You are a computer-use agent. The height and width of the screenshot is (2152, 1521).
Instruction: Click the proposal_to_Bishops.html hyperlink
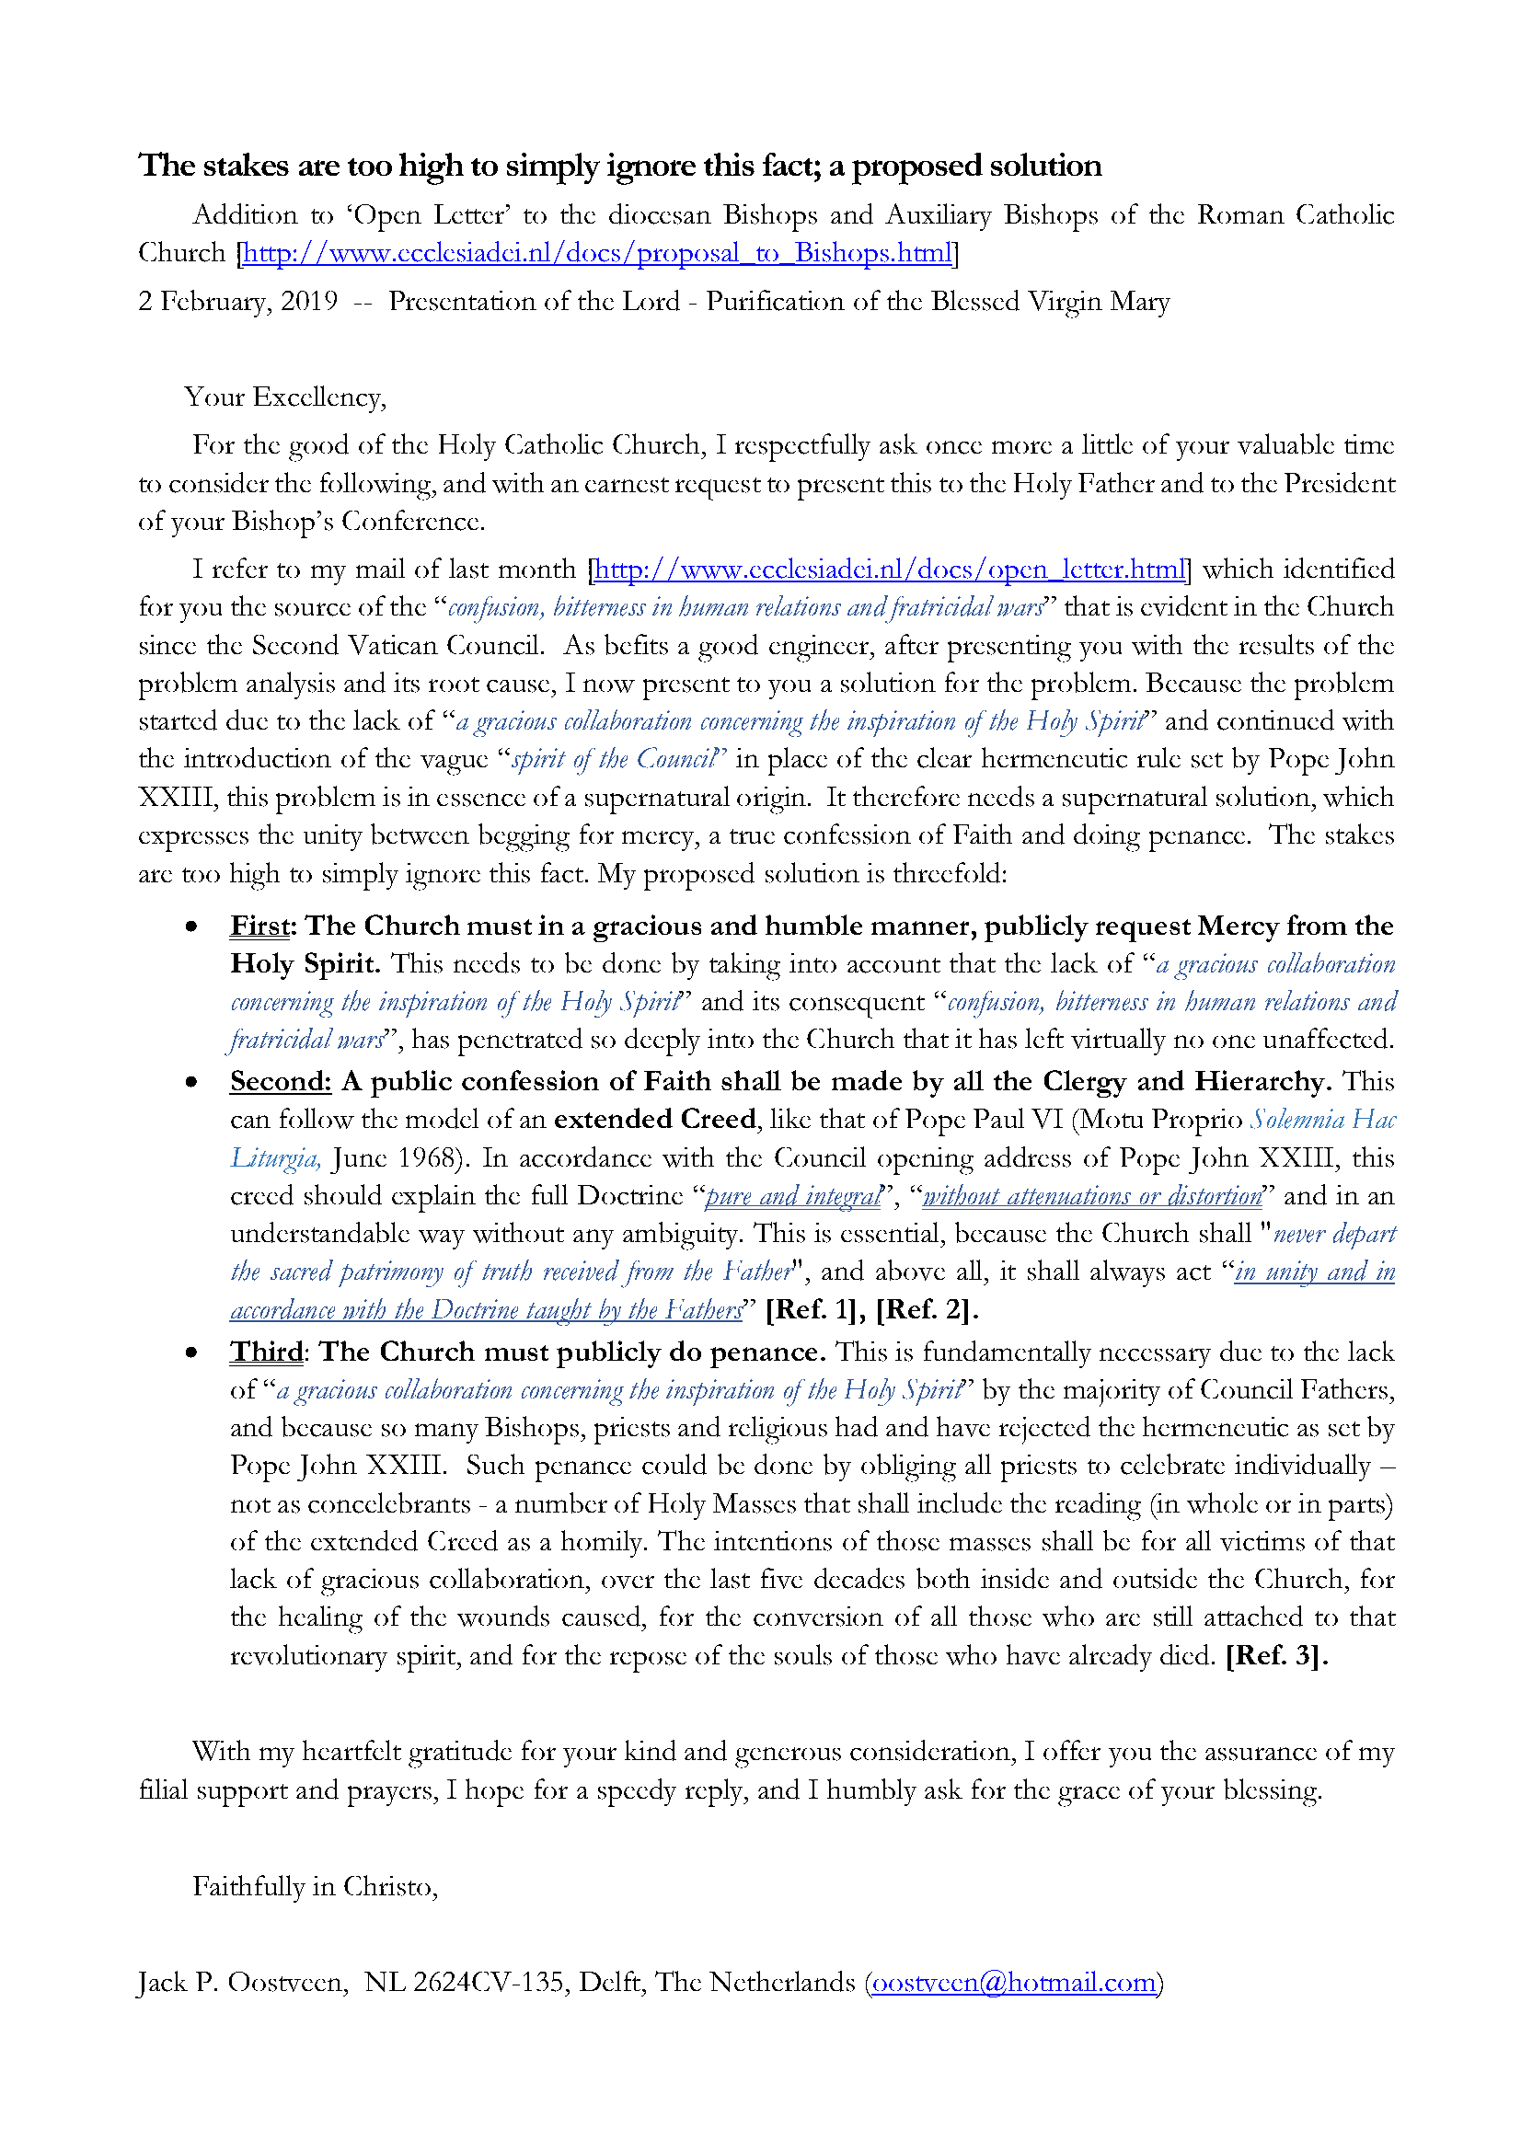596,253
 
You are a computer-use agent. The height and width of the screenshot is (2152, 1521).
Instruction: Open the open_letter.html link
890,570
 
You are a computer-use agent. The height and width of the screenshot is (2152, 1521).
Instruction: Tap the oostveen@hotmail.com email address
1013,1983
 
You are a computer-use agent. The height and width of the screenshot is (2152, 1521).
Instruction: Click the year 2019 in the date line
309,302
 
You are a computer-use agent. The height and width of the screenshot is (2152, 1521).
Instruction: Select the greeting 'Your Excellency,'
285,397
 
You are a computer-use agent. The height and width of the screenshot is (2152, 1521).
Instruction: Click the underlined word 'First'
259,926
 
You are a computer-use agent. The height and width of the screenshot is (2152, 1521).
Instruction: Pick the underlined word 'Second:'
281,1082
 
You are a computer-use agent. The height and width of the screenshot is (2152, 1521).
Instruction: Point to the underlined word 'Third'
266,1352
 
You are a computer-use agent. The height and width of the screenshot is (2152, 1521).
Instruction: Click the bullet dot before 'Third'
191,1352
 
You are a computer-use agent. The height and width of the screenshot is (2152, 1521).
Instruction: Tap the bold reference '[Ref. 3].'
1276,1655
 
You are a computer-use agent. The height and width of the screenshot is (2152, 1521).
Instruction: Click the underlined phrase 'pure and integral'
793,1196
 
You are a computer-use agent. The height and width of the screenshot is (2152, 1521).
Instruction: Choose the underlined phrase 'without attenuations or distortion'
1092,1196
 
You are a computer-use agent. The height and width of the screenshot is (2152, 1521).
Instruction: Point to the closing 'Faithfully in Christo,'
315,1886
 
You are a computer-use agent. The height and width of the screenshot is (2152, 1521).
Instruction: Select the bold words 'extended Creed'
654,1119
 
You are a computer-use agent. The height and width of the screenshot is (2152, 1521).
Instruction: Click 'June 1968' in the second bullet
396,1158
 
